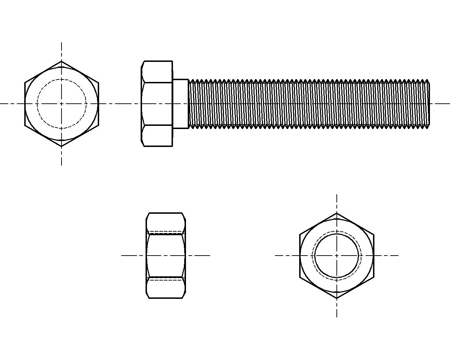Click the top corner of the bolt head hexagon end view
pyautogui.click(x=62, y=61)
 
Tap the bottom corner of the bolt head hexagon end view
pyautogui.click(x=62, y=146)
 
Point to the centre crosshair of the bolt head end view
pyautogui.click(x=62, y=104)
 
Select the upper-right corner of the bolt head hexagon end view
pyautogui.click(x=98, y=83)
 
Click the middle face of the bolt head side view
pyautogui.click(x=157, y=104)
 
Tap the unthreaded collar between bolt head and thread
pyautogui.click(x=180, y=104)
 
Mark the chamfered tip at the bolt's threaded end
pyautogui.click(x=429, y=104)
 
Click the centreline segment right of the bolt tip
pyautogui.click(x=440, y=104)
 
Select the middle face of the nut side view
pyautogui.click(x=166, y=256)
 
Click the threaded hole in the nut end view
pyautogui.click(x=337, y=256)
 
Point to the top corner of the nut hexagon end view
pyautogui.click(x=337, y=213)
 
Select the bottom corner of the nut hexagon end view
pyautogui.click(x=337, y=298)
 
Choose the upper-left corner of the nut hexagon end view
pyautogui.click(x=300, y=234)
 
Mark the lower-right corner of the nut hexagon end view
pyautogui.click(x=374, y=277)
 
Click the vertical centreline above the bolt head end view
pyautogui.click(x=62, y=51)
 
